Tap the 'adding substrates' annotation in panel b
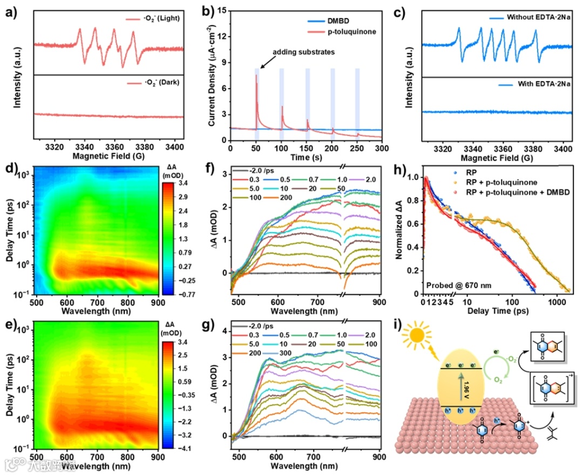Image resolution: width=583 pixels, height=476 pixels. pos(303,53)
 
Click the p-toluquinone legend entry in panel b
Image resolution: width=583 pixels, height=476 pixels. pos(350,32)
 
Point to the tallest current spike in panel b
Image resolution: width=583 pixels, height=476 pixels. pos(256,76)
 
